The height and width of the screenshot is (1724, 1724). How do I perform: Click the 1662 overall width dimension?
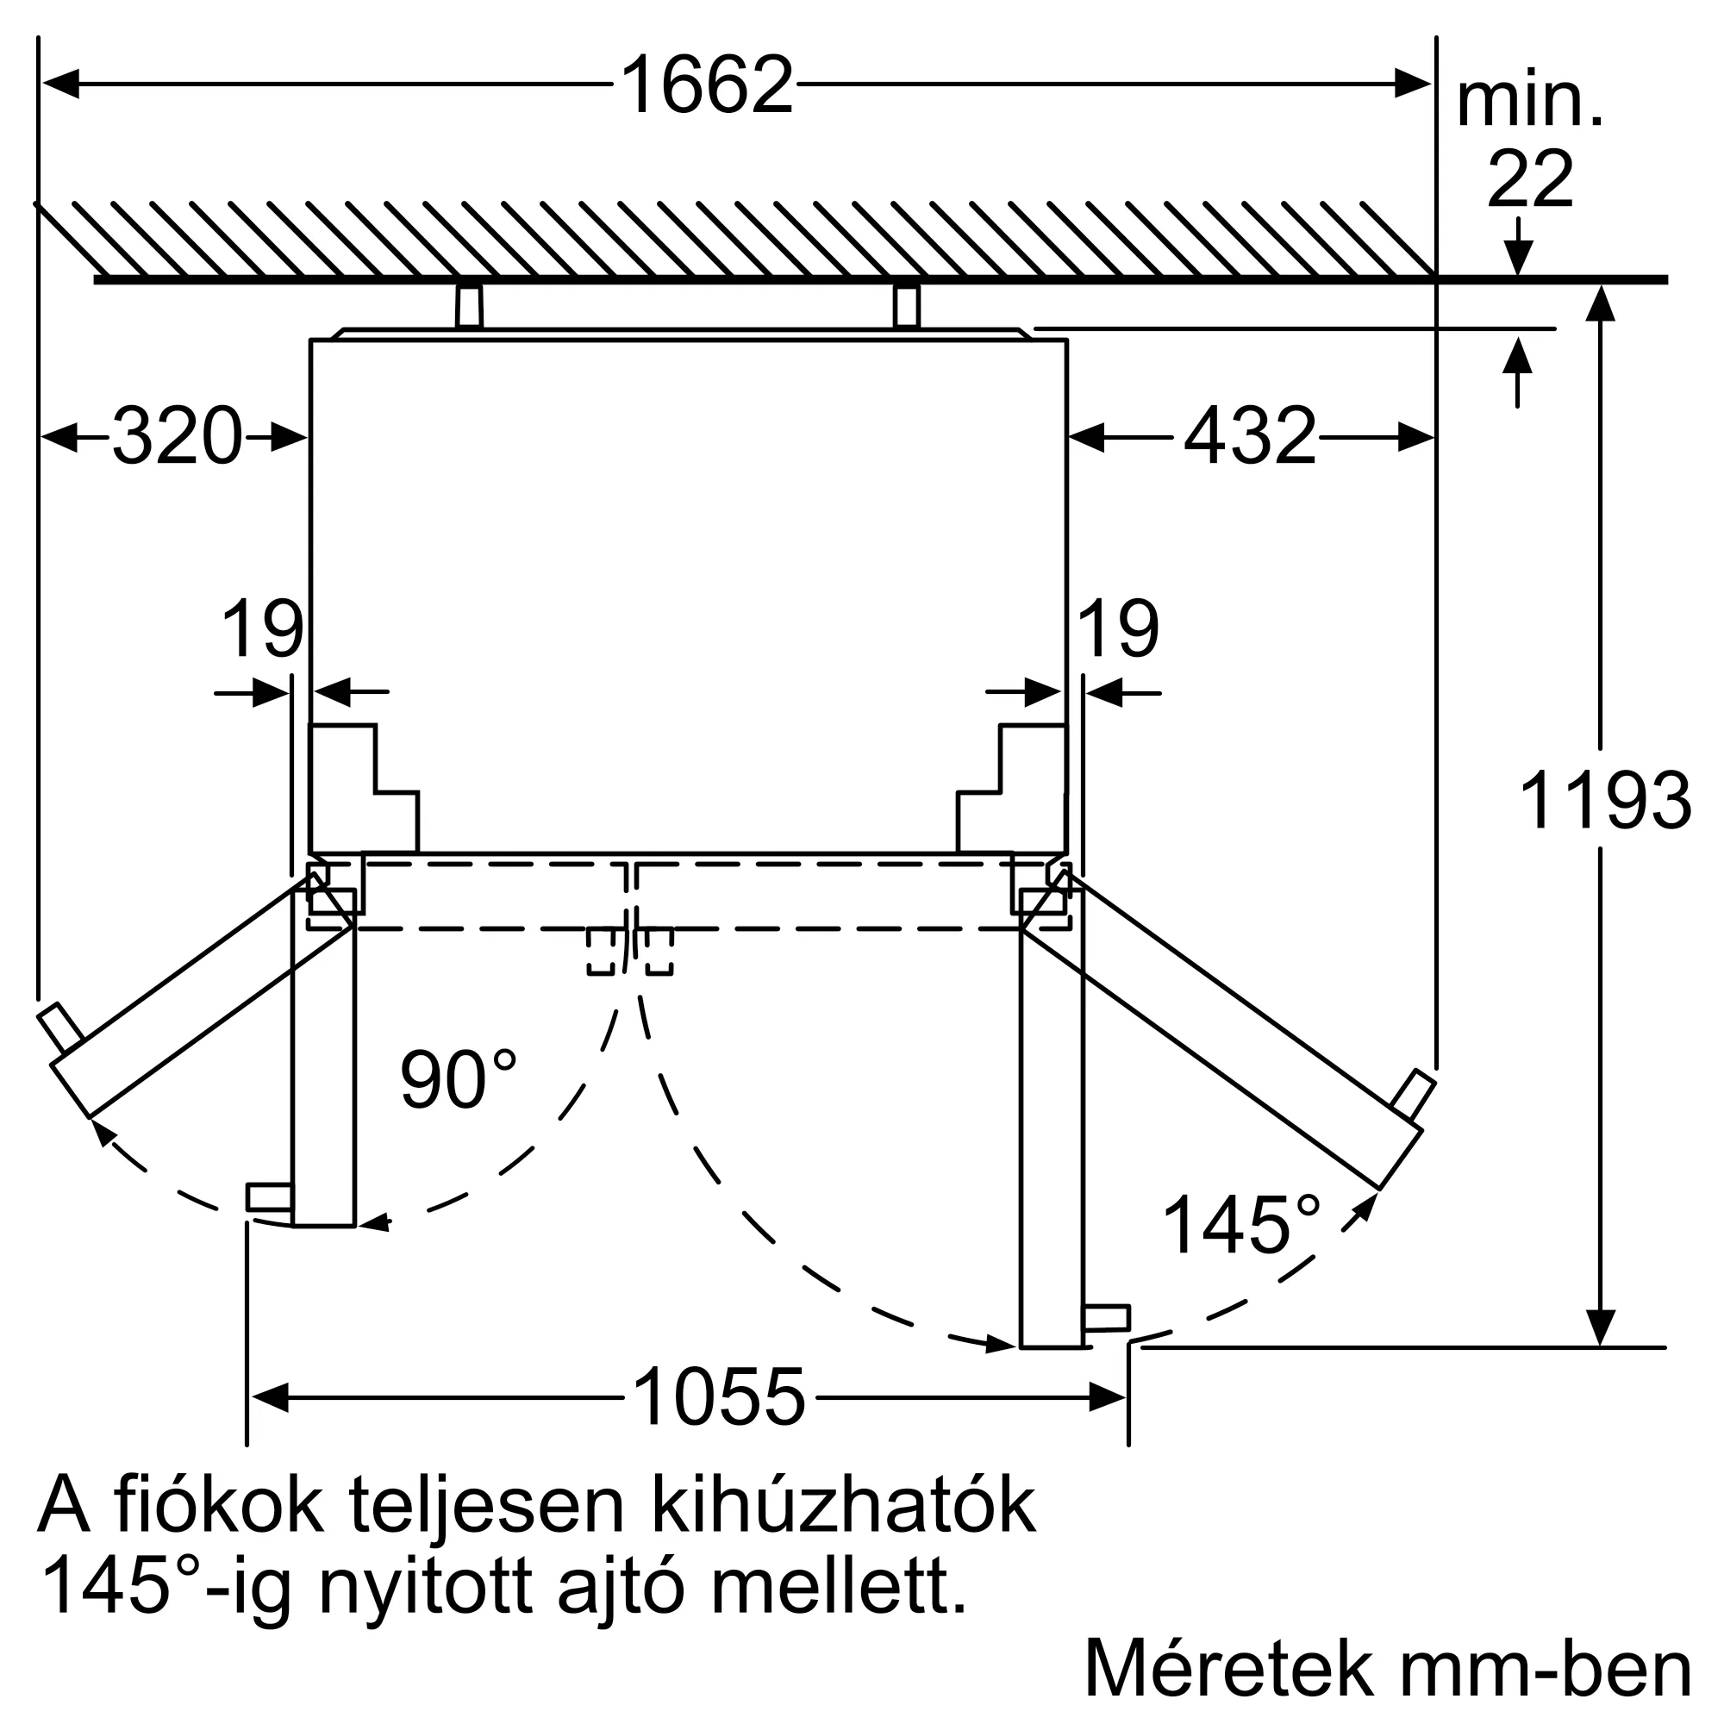[x=706, y=85]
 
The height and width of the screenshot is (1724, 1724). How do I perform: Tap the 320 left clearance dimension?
[x=177, y=436]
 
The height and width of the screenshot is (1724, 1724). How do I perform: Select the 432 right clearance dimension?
[x=1249, y=436]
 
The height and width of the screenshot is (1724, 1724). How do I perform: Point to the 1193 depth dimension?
[x=1603, y=801]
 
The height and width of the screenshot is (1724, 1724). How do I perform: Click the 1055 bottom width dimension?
[x=718, y=1397]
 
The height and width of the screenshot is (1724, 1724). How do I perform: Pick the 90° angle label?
[x=458, y=1081]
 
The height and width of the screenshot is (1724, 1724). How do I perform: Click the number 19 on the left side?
[x=261, y=629]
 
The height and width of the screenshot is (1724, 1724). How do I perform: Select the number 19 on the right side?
[x=1118, y=629]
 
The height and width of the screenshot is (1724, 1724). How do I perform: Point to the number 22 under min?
[x=1529, y=180]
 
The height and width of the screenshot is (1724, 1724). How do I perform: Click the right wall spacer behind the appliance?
[x=906, y=306]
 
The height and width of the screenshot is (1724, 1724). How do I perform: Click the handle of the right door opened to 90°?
[x=1105, y=1318]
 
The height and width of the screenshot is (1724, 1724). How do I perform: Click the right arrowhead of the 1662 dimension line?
[x=1414, y=84]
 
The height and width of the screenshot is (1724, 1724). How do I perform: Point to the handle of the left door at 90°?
[x=269, y=1196]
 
